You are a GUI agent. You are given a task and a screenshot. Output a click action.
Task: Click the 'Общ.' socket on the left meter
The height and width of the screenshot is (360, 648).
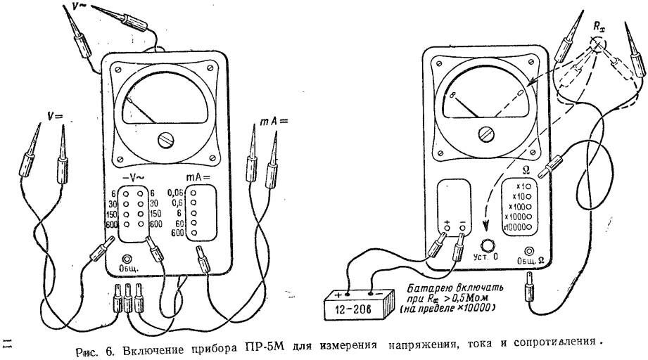128,258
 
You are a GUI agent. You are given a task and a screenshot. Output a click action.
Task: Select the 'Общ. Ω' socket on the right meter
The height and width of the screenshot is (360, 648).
528,252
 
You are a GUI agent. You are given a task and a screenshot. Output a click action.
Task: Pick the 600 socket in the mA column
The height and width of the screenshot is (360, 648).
193,232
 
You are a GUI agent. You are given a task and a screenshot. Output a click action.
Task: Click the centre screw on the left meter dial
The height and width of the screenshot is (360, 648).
167,139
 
